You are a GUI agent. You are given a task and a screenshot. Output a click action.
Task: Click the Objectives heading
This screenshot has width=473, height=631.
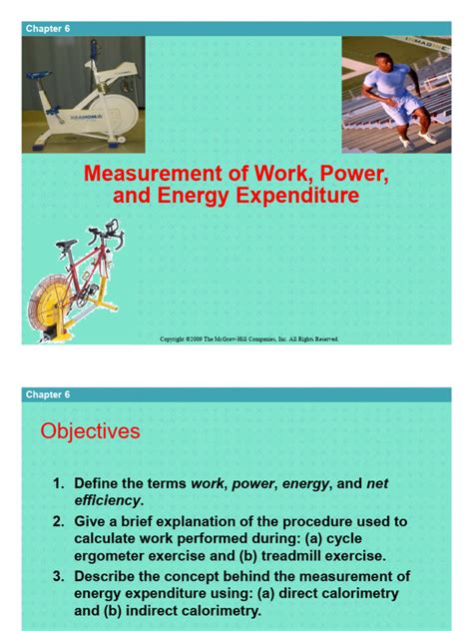pyautogui.click(x=90, y=431)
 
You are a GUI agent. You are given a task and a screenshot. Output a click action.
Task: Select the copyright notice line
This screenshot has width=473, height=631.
pyautogui.click(x=249, y=338)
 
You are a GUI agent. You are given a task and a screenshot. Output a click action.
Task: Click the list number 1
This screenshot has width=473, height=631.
pyautogui.click(x=59, y=484)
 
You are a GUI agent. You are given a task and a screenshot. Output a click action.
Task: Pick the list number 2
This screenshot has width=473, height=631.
pyautogui.click(x=59, y=522)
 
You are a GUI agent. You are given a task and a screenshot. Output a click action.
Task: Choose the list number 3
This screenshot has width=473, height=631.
pyautogui.click(x=59, y=577)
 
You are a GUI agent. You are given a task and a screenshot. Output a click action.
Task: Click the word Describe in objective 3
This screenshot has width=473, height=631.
pyautogui.click(x=109, y=577)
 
